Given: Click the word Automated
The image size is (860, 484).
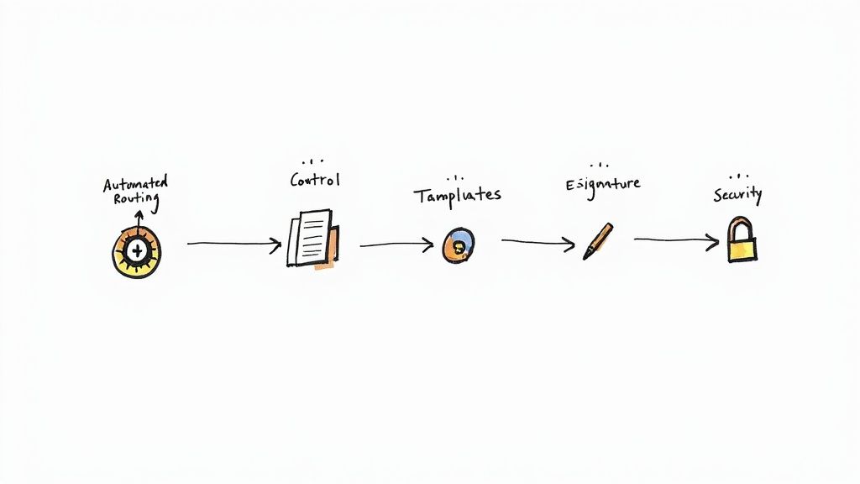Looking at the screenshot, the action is tap(135, 183).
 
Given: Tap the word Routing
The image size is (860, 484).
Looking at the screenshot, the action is tap(135, 199).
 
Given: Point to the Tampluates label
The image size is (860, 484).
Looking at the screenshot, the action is tap(457, 195).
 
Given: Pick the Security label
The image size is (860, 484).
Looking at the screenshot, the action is tap(737, 195).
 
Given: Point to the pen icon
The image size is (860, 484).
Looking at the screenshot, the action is tap(598, 241).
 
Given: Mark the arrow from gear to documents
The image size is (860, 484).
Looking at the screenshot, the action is tap(233, 245).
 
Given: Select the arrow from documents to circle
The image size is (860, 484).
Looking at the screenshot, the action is tap(396, 245).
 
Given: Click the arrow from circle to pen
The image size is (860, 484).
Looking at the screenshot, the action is tap(538, 242).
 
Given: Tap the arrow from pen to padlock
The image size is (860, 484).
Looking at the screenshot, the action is tap(676, 241).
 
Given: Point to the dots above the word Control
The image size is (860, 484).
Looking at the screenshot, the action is tap(313, 160).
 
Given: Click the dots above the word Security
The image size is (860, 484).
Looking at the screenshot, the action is tap(738, 176).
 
